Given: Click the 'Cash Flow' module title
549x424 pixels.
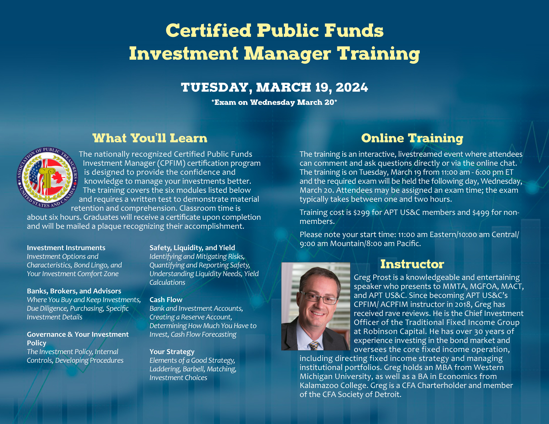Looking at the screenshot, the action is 166,300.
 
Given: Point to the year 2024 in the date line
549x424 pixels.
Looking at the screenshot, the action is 352,87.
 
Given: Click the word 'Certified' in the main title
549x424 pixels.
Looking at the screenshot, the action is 208,31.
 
